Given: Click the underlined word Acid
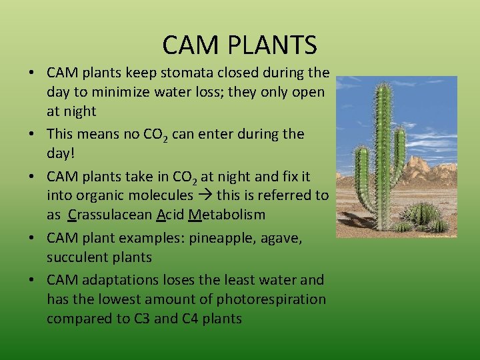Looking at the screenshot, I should coord(171,215).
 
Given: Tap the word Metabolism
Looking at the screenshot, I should coord(227,215).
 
